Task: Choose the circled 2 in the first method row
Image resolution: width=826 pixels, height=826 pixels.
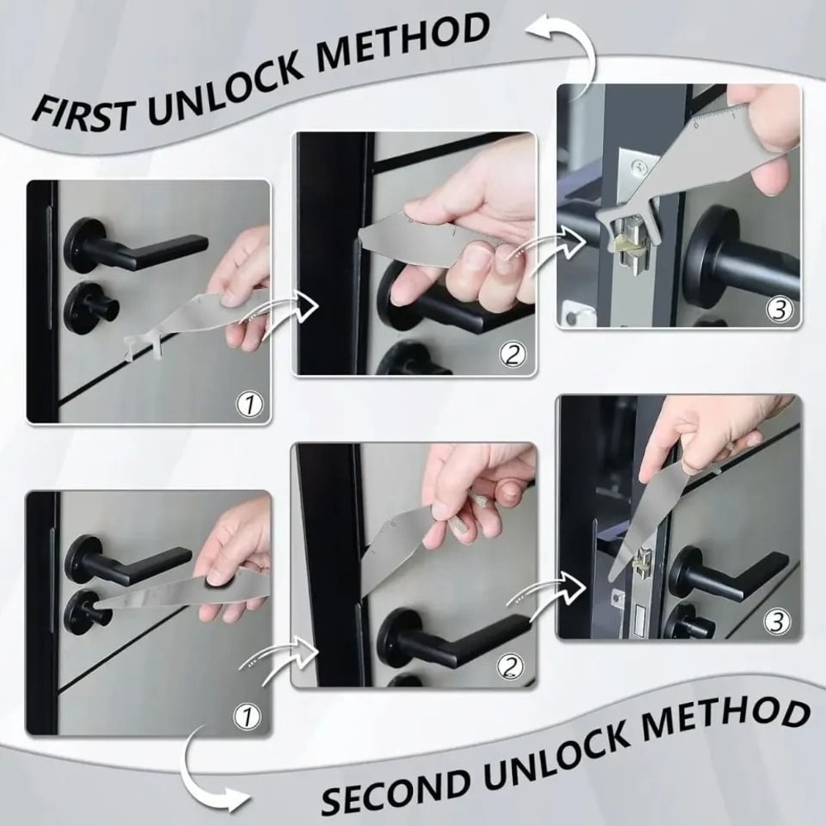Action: pos(512,355)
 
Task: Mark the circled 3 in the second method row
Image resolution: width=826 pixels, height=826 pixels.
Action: pos(778,619)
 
